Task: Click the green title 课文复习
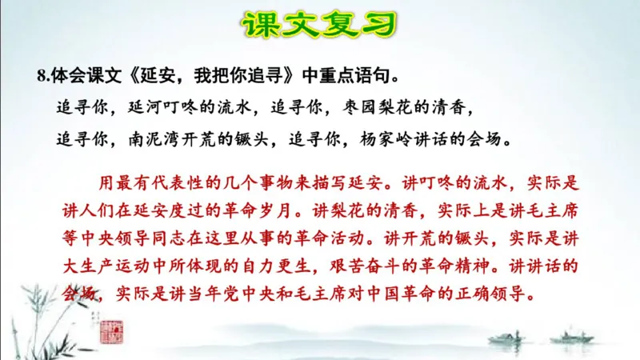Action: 320,25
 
